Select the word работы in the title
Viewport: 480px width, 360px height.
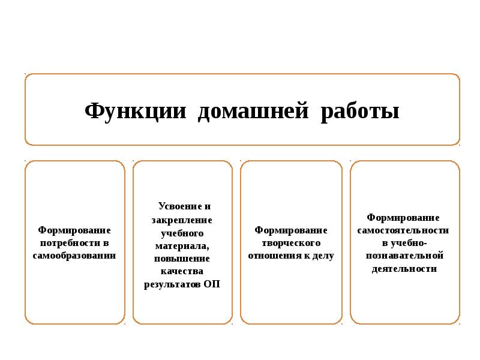(360, 112)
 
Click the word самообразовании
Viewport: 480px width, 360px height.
(74, 256)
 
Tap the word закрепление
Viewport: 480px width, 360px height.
(182, 220)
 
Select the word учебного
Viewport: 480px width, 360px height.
(182, 233)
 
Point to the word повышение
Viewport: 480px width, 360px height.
(182, 259)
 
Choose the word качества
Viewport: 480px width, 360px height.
(182, 271)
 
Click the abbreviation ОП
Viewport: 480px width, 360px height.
(212, 284)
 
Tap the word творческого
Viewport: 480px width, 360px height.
(291, 243)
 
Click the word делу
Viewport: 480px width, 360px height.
(322, 256)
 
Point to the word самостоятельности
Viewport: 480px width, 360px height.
(403, 230)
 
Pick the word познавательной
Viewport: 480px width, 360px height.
(404, 256)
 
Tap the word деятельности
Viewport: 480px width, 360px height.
(404, 269)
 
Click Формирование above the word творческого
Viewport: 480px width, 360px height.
(291, 230)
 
